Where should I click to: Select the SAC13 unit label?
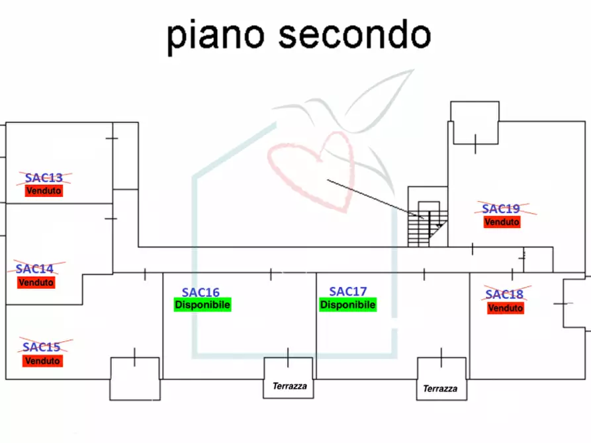click(44, 178)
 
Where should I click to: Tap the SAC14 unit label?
click(35, 269)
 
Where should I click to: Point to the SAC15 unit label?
click(42, 347)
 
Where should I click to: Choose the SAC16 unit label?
click(201, 292)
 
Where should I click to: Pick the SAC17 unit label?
click(348, 292)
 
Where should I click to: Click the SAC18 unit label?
click(504, 295)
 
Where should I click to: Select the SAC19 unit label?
click(502, 209)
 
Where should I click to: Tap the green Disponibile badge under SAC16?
click(202, 305)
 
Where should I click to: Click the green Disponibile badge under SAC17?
click(348, 305)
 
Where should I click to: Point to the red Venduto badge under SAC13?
click(44, 190)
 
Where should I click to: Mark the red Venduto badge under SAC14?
click(36, 282)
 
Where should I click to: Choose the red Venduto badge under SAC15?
click(42, 361)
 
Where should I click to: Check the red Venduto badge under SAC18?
click(505, 308)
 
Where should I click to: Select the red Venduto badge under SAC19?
click(502, 222)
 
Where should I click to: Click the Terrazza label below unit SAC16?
click(290, 386)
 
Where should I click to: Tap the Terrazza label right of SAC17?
click(440, 389)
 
